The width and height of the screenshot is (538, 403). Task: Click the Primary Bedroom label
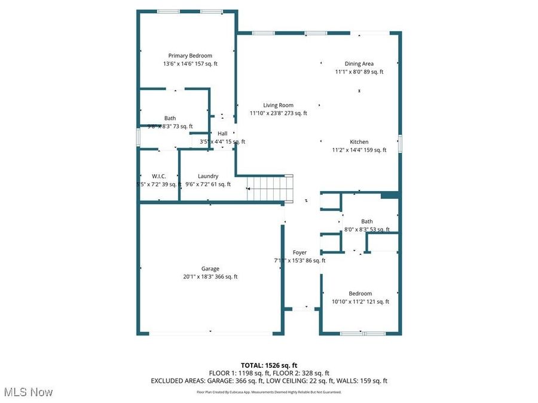click(189, 56)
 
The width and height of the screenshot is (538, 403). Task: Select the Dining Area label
click(359, 64)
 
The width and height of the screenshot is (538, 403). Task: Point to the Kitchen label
click(359, 142)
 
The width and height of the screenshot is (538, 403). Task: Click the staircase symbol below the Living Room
click(271, 189)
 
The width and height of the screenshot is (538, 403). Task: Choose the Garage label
click(210, 269)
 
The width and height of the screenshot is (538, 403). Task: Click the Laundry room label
click(208, 176)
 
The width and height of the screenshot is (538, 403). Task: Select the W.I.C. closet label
click(158, 176)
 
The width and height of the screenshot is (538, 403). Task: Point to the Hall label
click(222, 134)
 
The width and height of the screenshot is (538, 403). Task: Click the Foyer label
click(299, 253)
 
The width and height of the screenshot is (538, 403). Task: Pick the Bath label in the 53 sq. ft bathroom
click(366, 222)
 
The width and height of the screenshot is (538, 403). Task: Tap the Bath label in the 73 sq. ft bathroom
click(170, 118)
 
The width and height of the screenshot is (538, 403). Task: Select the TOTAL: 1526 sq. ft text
click(269, 365)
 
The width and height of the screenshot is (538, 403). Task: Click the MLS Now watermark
click(28, 392)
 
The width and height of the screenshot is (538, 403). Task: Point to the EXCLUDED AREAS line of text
click(269, 380)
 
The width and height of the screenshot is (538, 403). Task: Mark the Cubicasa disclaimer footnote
click(269, 392)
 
